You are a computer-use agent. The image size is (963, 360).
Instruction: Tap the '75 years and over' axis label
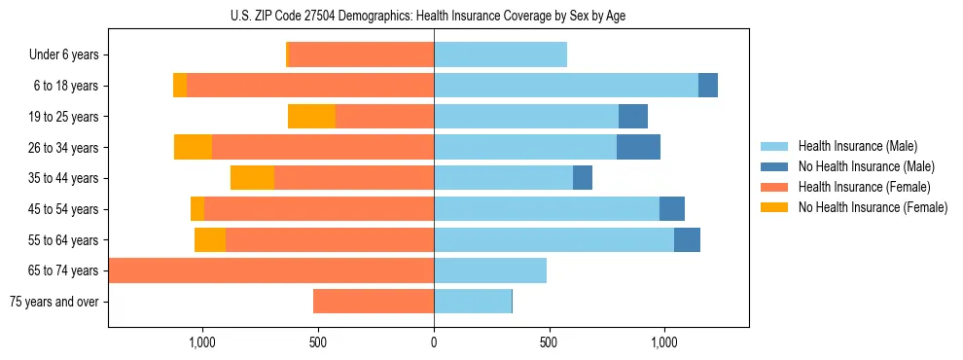(x=54, y=302)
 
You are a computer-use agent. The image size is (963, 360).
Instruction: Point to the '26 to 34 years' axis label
(x=64, y=148)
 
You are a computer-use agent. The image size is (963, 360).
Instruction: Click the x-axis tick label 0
(x=434, y=342)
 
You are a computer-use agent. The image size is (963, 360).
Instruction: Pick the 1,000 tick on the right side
(x=664, y=342)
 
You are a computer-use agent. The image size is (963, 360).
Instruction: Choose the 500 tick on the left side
(x=318, y=342)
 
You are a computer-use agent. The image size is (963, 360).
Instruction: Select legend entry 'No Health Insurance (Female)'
(x=873, y=207)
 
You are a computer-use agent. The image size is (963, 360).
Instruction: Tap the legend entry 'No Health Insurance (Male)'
(x=866, y=166)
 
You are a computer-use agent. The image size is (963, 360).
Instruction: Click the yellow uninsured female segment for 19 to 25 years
(x=311, y=117)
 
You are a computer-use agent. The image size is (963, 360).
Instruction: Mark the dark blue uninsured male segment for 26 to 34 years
(x=638, y=147)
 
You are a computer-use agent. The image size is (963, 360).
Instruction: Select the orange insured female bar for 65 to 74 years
(x=271, y=270)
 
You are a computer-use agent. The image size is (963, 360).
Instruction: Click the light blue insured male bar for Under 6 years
(x=500, y=54)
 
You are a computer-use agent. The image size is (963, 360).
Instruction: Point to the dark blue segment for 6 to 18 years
(x=708, y=86)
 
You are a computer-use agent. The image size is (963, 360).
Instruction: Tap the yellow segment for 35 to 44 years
(x=252, y=178)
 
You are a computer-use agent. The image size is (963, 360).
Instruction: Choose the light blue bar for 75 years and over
(x=473, y=302)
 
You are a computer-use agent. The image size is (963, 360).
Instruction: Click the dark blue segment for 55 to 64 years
(x=687, y=239)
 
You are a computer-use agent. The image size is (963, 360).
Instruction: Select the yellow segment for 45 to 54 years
(x=197, y=209)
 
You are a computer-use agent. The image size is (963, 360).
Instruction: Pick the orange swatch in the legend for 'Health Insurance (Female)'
(x=775, y=187)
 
